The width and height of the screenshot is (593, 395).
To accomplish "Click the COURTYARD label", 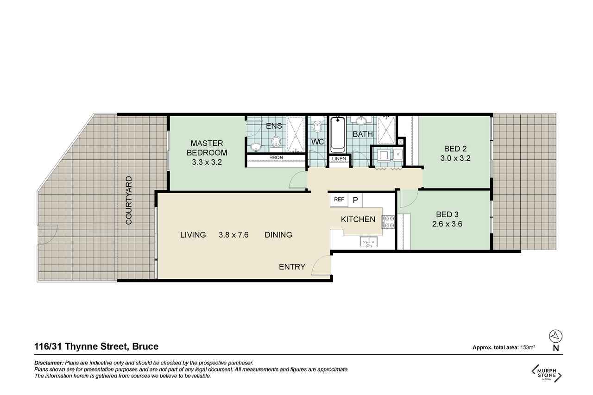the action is coord(129,200).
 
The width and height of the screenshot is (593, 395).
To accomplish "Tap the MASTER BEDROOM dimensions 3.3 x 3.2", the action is coord(207,162).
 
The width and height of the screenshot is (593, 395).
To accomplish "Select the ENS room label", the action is coord(274,126).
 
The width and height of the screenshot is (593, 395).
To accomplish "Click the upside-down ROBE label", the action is coord(276,157).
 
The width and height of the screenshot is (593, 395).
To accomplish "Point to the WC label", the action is coord(317,142).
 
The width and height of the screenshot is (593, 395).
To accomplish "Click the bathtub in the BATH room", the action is coord(338,135).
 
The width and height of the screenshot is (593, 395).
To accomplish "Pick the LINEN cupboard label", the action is coord(339,159).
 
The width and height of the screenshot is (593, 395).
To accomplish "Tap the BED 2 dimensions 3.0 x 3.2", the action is coord(455,158).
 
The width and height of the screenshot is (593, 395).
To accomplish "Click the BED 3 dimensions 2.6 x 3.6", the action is coord(447,224).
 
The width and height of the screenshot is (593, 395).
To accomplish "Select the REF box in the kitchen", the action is coord(339,200).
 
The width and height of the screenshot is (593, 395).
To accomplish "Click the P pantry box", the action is coord(355,200).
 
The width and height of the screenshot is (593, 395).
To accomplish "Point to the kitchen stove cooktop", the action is coord(388,222).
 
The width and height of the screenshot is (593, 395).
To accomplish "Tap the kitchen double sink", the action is coord(368,242).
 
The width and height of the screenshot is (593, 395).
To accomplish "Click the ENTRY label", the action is coord(292,267).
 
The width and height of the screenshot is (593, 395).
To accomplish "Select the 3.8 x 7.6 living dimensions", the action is coord(233,235).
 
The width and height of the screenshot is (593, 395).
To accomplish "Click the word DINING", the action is coord(278,235).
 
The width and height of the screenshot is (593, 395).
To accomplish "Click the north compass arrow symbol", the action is coord(556,336).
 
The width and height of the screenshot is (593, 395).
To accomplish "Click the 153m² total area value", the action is coord(528,347).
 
